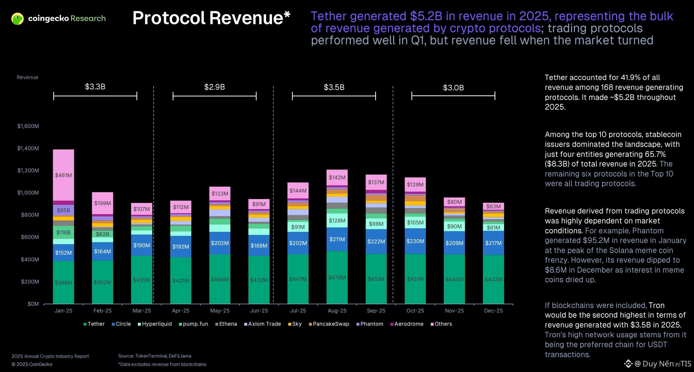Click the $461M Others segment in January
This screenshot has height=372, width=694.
point(63,175)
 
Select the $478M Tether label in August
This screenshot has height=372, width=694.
point(337,277)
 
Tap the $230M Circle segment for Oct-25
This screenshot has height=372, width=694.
point(415,241)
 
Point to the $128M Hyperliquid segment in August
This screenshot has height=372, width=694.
point(337,221)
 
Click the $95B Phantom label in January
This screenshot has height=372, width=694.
point(63,210)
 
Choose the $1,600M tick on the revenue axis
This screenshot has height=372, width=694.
point(28,126)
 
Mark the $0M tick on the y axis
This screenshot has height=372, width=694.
point(33,304)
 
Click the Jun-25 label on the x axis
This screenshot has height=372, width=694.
point(259,311)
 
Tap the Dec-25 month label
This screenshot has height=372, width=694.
point(493,311)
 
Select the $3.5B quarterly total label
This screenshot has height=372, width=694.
point(334,87)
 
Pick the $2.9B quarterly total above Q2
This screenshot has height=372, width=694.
point(214,87)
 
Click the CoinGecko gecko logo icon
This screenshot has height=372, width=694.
point(17,19)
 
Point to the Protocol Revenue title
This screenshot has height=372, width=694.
point(211,18)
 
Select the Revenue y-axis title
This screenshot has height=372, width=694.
point(27,77)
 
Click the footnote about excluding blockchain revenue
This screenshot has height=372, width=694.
point(162,364)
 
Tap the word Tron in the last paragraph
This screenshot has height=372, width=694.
point(656,305)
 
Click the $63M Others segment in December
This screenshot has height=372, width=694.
point(493,206)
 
